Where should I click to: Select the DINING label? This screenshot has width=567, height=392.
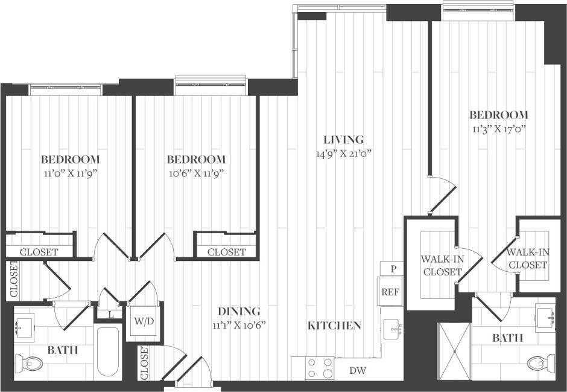tap(239, 312)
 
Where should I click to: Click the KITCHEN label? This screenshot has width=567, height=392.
tap(334, 326)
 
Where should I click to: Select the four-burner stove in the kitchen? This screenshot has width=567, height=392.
tap(320, 368)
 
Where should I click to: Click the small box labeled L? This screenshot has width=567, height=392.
tap(111, 314)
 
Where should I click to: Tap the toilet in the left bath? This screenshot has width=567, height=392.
tap(30, 364)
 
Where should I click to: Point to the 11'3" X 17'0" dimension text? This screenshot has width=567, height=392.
tap(498, 129)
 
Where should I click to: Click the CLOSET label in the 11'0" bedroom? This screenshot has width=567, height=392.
tap(39, 252)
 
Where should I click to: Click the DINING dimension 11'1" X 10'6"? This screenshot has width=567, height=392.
tap(239, 325)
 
